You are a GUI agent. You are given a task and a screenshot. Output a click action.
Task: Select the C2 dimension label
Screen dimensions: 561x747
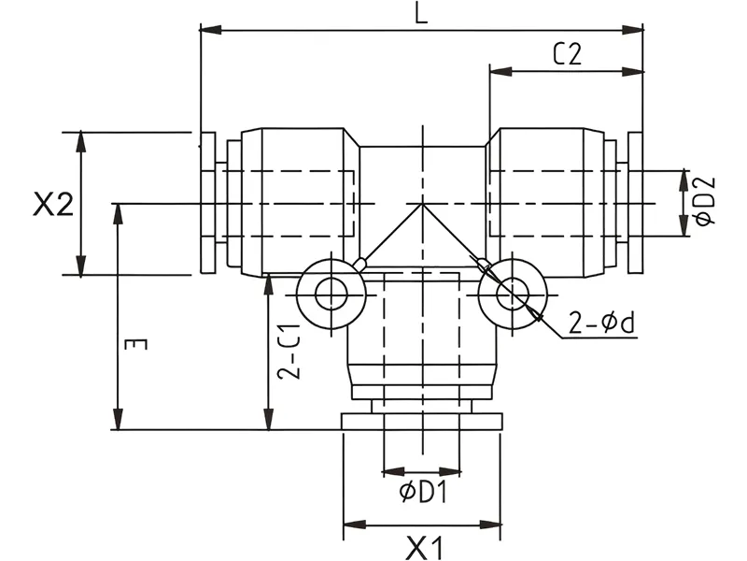pyautogui.click(x=567, y=54)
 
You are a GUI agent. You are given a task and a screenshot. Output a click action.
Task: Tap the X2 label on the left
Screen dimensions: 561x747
pyautogui.click(x=53, y=205)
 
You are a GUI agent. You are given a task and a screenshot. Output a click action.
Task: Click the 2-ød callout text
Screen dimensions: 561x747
pyautogui.click(x=602, y=324)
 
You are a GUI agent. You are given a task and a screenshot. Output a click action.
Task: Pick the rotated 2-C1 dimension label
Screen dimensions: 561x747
pyautogui.click(x=291, y=350)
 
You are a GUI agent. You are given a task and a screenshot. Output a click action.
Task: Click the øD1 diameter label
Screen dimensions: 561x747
pyautogui.click(x=423, y=492)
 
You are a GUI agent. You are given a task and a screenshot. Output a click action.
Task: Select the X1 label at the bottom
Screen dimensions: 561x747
pyautogui.click(x=422, y=546)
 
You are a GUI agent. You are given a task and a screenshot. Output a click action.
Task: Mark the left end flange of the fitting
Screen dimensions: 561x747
pyautogui.click(x=207, y=203)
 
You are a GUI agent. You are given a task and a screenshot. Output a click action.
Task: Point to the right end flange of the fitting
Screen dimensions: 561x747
pyautogui.click(x=636, y=203)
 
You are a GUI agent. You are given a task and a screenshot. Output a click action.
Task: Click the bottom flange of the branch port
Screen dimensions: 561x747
pyautogui.click(x=422, y=421)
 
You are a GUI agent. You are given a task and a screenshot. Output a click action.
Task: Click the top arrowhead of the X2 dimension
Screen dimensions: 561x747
pyautogui.click(x=82, y=140)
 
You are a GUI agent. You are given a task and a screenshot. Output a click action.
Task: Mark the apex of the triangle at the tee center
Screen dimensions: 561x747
pyautogui.click(x=422, y=205)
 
